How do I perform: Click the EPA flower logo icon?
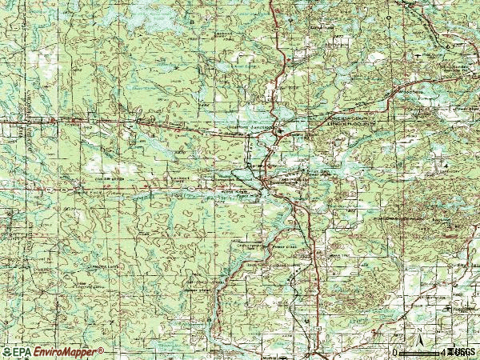(x=7, y=352)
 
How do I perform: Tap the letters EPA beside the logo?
(x=21, y=352)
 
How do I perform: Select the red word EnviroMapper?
(x=64, y=352)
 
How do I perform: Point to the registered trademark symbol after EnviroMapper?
(x=100, y=350)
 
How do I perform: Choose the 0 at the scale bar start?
(x=394, y=352)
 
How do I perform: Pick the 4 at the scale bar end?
(x=442, y=352)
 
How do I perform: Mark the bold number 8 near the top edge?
(x=192, y=16)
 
